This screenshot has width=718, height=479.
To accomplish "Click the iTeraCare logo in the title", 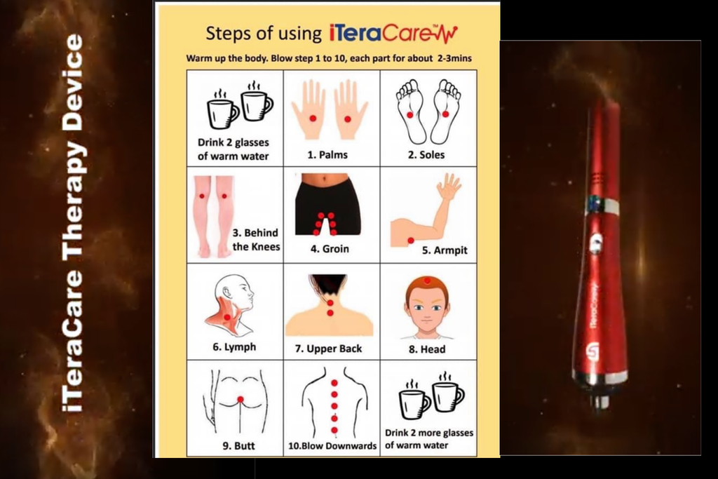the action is pyautogui.click(x=393, y=34).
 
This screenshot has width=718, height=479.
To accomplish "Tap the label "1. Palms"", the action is pyautogui.click(x=327, y=155).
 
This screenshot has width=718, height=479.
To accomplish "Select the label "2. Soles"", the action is pyautogui.click(x=426, y=155).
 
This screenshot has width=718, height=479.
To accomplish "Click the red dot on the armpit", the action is pyautogui.click(x=411, y=241).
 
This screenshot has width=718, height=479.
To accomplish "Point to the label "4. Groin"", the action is pyautogui.click(x=330, y=249).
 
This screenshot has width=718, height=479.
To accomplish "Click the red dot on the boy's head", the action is pyautogui.click(x=427, y=281).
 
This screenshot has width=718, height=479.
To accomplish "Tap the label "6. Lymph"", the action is pyautogui.click(x=234, y=347).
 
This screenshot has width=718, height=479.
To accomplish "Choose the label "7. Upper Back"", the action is pyautogui.click(x=328, y=349).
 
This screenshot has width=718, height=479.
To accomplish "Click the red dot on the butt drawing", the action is pyautogui.click(x=241, y=399).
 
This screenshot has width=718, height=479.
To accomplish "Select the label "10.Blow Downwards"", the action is pyautogui.click(x=332, y=446).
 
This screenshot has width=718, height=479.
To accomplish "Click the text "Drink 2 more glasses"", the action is pyautogui.click(x=429, y=433).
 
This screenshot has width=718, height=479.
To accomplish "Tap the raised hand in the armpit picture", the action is pyautogui.click(x=448, y=186).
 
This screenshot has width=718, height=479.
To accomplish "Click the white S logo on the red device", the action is pyautogui.click(x=592, y=351).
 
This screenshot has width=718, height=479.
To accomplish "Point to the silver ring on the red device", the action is pyautogui.click(x=601, y=205).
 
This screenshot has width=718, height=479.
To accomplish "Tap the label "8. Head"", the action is pyautogui.click(x=427, y=349).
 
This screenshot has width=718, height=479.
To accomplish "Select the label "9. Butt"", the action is pyautogui.click(x=238, y=445).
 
